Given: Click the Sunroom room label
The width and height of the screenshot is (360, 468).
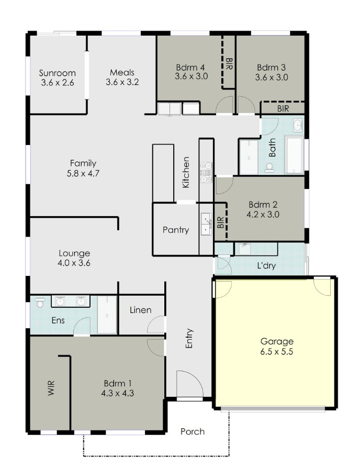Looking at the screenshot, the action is pos(57,73).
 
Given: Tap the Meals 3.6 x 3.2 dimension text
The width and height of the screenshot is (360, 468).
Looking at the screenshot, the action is pos(122,82).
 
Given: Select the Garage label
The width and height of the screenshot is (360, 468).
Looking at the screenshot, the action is pos(277,341).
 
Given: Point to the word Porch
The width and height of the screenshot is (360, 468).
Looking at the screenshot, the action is pos(193,431).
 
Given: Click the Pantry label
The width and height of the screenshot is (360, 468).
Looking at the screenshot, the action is pos(176,230).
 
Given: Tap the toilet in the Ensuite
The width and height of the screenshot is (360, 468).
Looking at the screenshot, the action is pos(40,302).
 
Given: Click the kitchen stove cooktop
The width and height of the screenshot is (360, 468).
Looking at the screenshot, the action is pos(206,172).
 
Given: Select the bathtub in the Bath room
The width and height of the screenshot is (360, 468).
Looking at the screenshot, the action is pos(294,154).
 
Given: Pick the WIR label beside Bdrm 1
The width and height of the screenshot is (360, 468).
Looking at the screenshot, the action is pos(51,388).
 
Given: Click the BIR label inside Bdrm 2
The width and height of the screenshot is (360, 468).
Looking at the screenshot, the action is pos(220,222).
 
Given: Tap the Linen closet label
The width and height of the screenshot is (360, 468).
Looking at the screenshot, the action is pos(140,310).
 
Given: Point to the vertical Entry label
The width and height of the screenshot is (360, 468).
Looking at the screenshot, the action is pos(189,339).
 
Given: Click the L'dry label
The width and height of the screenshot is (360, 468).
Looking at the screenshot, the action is pos(266,265).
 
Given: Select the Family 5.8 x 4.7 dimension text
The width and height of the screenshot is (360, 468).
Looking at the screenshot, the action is pos(83,173).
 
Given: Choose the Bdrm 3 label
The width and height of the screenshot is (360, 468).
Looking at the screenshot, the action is pos(271,68).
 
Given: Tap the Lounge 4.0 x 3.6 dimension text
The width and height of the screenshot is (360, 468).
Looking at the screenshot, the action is pos(74,263).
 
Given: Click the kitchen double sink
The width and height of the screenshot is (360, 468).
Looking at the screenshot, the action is pos(206,224).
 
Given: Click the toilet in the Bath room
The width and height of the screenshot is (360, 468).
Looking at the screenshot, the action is pos(269,168).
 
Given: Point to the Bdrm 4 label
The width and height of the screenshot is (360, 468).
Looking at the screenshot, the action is pos(190,67).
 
